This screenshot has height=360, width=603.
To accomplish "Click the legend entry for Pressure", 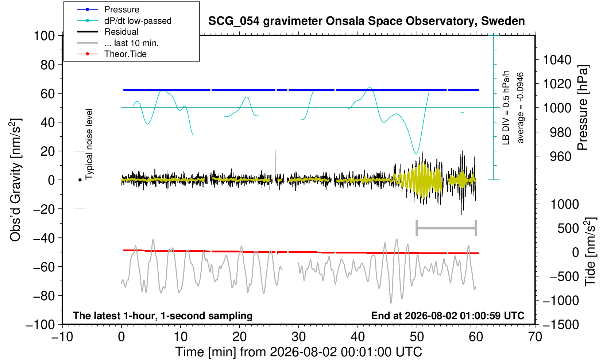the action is (108, 10).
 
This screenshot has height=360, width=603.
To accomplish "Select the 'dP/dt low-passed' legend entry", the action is (124, 21).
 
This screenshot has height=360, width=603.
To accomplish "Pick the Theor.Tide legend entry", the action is (112, 54).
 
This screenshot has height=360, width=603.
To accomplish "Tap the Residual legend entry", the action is (108, 32).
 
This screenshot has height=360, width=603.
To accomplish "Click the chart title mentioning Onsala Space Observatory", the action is (366, 21).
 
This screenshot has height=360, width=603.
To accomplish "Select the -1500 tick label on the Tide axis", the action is (561, 325).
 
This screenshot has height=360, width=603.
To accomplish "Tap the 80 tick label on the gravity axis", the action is (48, 65).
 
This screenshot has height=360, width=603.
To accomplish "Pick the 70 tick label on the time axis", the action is (535, 337).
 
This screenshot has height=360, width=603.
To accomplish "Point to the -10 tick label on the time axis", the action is (62, 337).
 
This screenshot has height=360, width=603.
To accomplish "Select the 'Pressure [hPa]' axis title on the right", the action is (583, 108).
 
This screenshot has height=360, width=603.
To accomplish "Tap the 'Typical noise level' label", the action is (89, 144).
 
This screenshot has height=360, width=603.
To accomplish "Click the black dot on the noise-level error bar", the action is (80, 180).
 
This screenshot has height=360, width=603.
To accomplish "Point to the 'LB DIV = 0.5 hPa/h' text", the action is (506, 108).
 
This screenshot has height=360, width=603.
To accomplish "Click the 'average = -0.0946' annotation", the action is (521, 108).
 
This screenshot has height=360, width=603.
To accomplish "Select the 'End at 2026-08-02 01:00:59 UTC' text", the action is (448, 316).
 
